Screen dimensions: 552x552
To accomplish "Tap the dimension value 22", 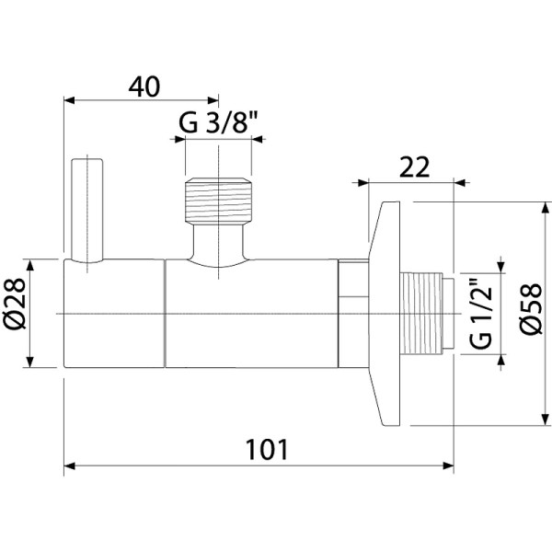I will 416,167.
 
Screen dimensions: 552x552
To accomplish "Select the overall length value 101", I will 268,450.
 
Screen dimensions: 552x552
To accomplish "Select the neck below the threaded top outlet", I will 218,245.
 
